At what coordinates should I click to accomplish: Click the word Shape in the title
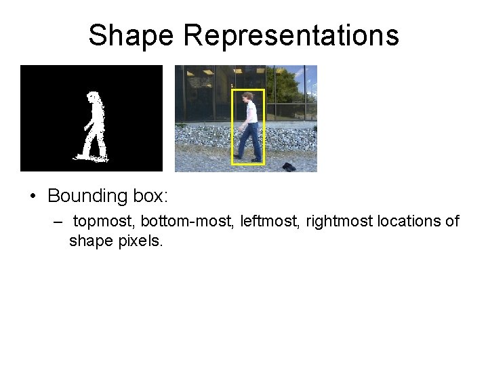(x=131, y=35)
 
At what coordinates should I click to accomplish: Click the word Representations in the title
(x=291, y=35)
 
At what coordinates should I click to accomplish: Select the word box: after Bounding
(x=149, y=196)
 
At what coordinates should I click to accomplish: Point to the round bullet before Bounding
(x=33, y=197)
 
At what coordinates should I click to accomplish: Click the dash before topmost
(x=59, y=222)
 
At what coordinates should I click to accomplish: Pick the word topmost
(x=104, y=222)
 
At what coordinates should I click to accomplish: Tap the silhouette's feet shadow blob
(x=91, y=158)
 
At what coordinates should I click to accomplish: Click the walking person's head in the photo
(x=249, y=96)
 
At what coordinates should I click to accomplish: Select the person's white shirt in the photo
(x=250, y=112)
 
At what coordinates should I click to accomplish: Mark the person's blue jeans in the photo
(x=248, y=141)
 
